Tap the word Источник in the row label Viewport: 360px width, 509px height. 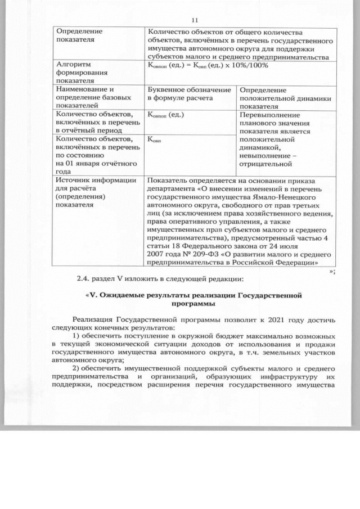(74, 181)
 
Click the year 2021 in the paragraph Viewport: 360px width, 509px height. (258, 320)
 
